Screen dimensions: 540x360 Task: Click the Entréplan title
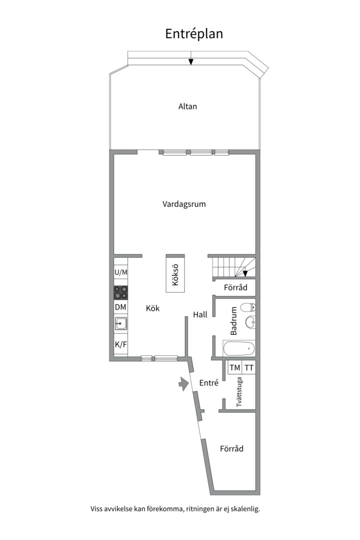click(194, 33)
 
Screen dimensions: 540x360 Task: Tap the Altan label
click(187, 106)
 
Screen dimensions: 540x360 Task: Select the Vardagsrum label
click(184, 204)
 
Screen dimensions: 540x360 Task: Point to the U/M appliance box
click(121, 272)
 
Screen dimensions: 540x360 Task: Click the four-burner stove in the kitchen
click(121, 292)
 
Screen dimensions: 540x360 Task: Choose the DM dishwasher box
click(120, 307)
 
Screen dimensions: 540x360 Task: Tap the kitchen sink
click(121, 324)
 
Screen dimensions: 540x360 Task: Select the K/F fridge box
click(120, 344)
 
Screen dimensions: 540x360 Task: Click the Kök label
click(152, 308)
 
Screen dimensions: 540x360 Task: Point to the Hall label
click(200, 314)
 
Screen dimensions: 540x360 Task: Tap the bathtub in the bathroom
click(239, 348)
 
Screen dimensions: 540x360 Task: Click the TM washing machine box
click(234, 368)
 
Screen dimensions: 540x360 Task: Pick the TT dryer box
click(249, 368)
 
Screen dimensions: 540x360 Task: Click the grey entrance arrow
click(181, 384)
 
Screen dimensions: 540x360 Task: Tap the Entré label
click(209, 383)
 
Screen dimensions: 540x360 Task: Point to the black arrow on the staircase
click(245, 273)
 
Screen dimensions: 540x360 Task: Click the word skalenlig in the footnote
click(244, 509)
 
